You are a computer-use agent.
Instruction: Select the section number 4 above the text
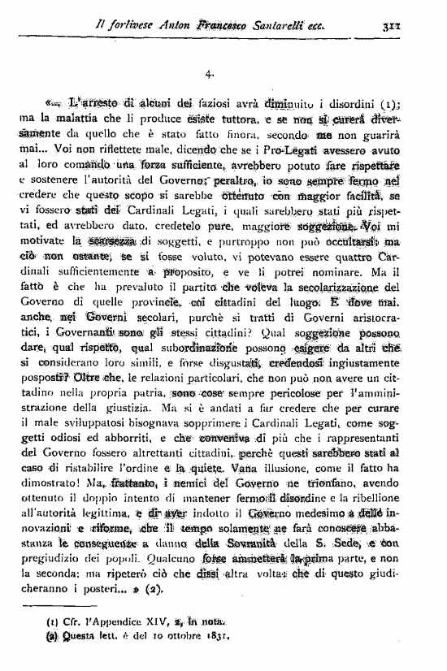coord(210,74)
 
